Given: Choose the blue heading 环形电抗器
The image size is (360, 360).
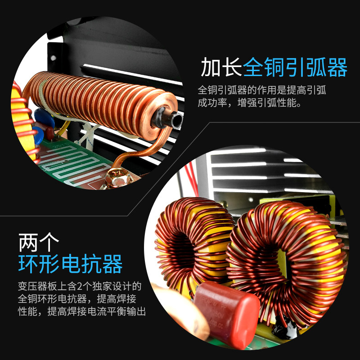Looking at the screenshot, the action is click(71, 264).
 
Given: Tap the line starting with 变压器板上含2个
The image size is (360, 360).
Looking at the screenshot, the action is click(80, 286).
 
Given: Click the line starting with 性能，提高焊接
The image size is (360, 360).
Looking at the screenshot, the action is click(82, 311).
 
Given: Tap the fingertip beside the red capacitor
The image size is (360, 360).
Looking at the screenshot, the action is click(182, 315).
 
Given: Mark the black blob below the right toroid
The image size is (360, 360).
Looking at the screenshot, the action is click(288, 331).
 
